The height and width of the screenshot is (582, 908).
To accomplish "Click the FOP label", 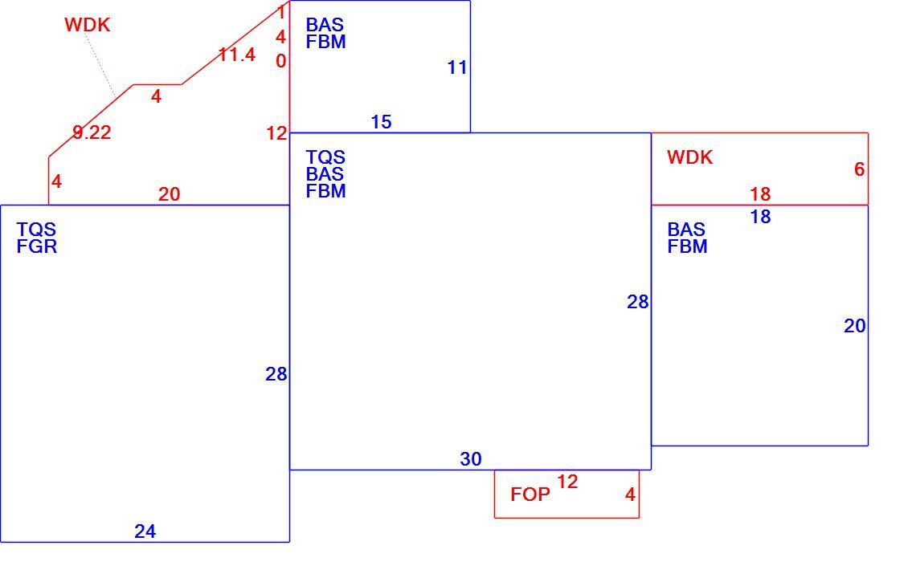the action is pos(530,494).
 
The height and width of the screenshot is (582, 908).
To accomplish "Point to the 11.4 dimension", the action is pos(237,55).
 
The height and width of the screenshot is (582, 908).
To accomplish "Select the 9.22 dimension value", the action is pos(92,132).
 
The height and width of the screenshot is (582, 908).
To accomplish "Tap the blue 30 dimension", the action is pos(471,458).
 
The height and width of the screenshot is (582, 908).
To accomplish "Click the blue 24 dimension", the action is pos(145,531).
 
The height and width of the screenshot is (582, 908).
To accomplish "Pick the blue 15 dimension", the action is pos(381,122).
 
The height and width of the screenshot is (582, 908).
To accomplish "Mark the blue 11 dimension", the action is pos(457,67).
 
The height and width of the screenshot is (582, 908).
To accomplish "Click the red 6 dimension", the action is pos(859,169).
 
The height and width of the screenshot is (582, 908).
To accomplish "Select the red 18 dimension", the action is pos(760,193).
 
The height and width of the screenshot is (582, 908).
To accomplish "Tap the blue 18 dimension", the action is pos(760,217).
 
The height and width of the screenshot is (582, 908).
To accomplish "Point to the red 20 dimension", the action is pos(169,194).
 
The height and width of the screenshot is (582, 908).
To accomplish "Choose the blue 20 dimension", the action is pos(855,326).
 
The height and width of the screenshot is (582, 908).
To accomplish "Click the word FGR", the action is pos(36,246).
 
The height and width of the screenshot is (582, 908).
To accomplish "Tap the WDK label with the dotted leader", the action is pos(87,25).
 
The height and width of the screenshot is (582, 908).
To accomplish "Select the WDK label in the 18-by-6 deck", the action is pos(689,157).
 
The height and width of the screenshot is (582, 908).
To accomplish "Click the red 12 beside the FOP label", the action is pos(567,482).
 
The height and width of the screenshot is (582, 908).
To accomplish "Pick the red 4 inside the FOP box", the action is pos(630,494).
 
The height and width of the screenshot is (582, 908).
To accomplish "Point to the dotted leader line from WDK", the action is pos(100,63).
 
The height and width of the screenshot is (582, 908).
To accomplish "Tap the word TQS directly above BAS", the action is pos(325,157).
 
